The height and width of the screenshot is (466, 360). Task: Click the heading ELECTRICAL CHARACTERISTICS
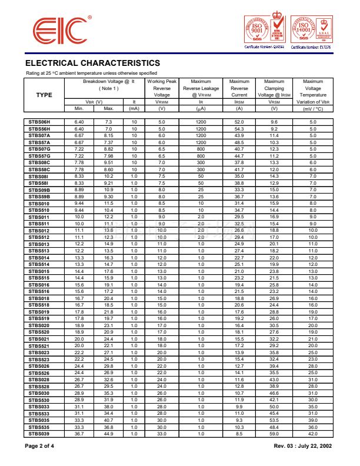click(x=92, y=63)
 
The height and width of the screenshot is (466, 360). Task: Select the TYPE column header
click(x=44, y=95)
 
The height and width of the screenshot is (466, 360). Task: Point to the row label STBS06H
click(x=39, y=121)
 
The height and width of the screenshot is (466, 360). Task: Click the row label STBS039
click(x=39, y=433)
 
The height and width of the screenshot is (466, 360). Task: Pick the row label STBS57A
click(x=39, y=142)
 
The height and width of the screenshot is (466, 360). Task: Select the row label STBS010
click(x=39, y=203)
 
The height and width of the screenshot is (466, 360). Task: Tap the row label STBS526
click(x=39, y=372)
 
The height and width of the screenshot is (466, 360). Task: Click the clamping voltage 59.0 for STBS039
click(x=274, y=433)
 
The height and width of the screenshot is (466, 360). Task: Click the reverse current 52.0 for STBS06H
click(x=239, y=121)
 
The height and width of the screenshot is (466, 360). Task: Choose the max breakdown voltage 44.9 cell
click(x=108, y=433)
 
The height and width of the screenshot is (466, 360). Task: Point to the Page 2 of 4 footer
click(x=40, y=446)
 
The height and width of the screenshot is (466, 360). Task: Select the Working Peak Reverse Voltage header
click(x=162, y=88)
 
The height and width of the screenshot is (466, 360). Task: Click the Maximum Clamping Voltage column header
click(x=274, y=88)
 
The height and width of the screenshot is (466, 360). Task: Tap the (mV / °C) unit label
click(x=312, y=108)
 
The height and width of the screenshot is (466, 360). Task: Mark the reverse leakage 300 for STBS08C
click(x=201, y=162)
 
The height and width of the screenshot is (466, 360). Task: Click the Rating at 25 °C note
click(x=91, y=72)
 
